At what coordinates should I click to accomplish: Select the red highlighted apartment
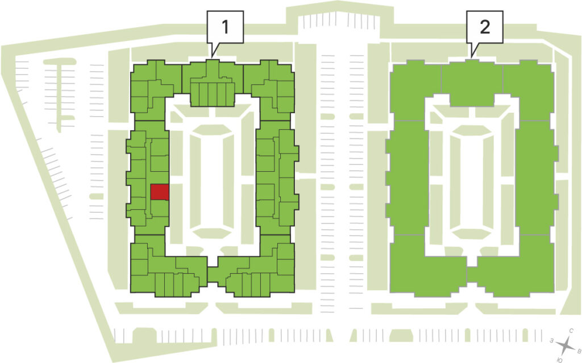pos(160,192)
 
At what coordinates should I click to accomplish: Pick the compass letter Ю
pos(560,359)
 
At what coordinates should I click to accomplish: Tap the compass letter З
pos(552,340)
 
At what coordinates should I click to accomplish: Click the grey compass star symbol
pos(566,345)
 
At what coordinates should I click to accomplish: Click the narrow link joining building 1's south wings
pos(213,275)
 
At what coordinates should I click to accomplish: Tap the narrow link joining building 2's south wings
pos(472,275)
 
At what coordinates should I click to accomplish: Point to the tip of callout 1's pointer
pos(212,57)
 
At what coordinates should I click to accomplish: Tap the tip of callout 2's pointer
pos(472,57)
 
